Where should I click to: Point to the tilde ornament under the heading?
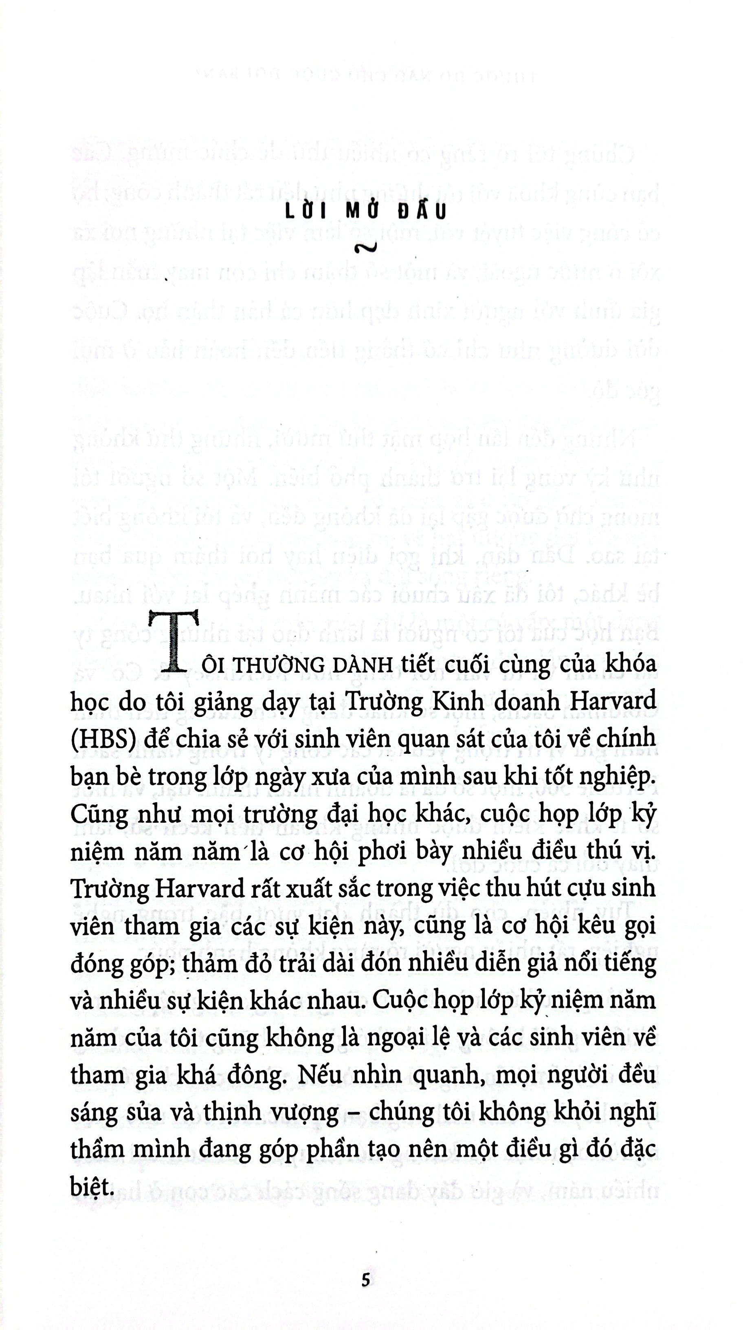point(365,248)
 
